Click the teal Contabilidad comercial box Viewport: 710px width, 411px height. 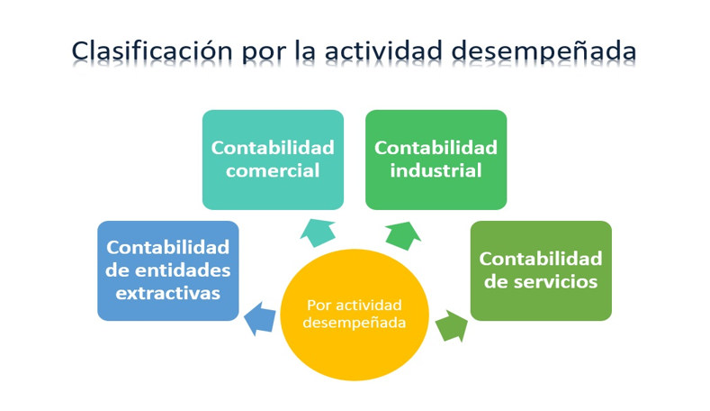[273, 160]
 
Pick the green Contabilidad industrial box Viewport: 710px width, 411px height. [436, 160]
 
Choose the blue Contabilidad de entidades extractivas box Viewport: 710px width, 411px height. [168, 270]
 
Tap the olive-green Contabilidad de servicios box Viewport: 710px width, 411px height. [540, 270]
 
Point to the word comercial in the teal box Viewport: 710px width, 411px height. [273, 170]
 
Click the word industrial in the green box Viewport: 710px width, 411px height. [436, 170]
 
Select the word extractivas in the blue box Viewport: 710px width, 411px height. [168, 294]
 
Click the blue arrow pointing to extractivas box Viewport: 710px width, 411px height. [260, 317]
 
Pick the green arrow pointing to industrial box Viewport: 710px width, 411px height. [401, 233]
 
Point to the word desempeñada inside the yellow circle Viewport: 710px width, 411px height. [354, 323]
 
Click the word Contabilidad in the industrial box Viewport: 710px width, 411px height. [436, 147]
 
